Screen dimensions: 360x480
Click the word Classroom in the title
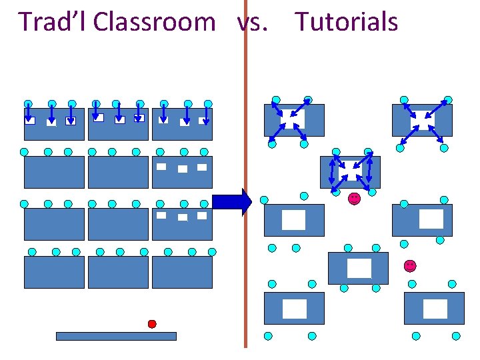(x=154, y=22)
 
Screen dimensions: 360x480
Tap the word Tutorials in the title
(x=347, y=22)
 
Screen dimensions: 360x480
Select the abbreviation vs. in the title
(x=253, y=22)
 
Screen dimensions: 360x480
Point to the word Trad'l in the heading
(x=53, y=22)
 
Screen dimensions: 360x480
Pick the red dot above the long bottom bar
(x=152, y=324)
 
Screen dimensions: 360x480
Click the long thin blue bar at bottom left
(x=116, y=336)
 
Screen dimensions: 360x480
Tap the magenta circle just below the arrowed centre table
(x=354, y=198)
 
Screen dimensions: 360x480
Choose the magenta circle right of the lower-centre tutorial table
(x=409, y=265)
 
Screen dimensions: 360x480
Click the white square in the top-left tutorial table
(x=293, y=119)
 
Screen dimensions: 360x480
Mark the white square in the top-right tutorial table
(x=421, y=120)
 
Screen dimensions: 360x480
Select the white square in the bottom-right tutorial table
(x=435, y=309)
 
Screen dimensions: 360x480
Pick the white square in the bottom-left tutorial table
(x=294, y=309)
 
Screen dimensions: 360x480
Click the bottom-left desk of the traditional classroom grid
(x=54, y=272)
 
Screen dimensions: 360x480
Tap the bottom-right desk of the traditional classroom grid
(x=182, y=272)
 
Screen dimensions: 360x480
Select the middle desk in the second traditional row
(x=118, y=172)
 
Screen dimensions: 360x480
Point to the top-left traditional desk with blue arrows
(x=54, y=123)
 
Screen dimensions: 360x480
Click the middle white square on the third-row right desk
(x=182, y=217)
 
